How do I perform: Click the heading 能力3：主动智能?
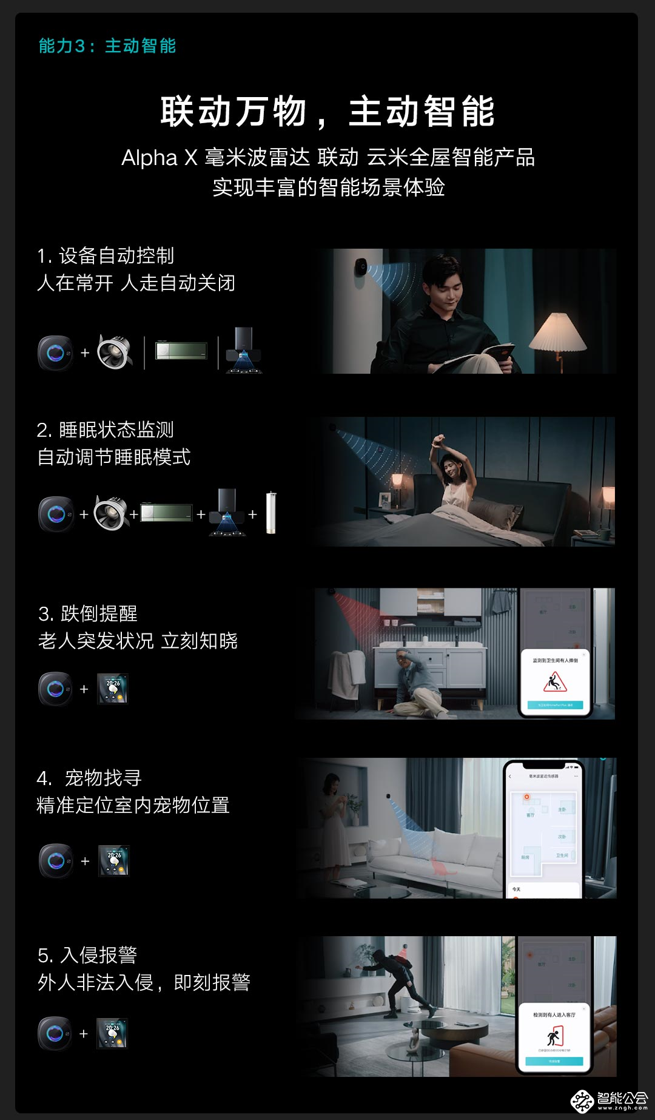click(x=107, y=46)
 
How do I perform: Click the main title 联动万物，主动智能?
click(x=327, y=112)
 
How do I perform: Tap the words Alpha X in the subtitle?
click(x=159, y=158)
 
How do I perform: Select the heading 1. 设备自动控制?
click(x=106, y=256)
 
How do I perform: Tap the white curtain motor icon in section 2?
click(x=271, y=513)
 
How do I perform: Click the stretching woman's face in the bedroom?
click(x=452, y=467)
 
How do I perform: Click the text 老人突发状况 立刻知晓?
click(x=138, y=641)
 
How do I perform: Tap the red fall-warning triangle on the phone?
click(x=554, y=683)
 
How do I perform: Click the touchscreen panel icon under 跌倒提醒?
click(x=113, y=689)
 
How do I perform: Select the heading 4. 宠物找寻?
click(x=89, y=778)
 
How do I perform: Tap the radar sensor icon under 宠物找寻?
click(x=56, y=860)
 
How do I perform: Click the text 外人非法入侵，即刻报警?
click(x=144, y=982)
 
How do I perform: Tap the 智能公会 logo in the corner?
click(x=609, y=1099)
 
